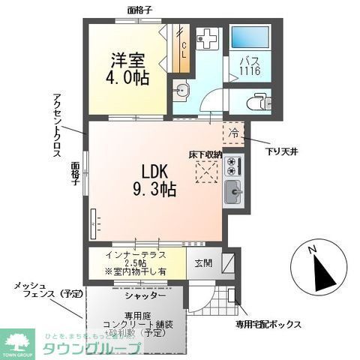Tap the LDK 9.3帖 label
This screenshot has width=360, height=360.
155,181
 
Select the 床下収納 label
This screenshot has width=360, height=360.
205,154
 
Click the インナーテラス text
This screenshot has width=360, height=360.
136,254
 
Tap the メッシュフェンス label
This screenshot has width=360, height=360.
38,292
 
